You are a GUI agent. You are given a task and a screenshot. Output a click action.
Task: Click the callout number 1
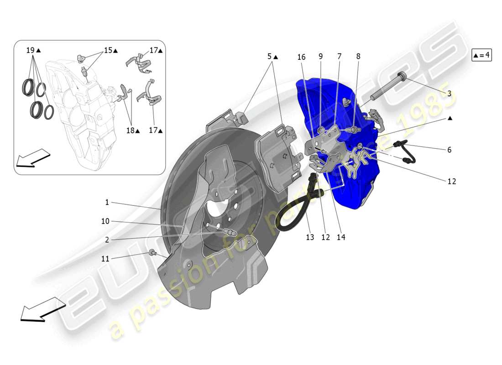click(x=107, y=202)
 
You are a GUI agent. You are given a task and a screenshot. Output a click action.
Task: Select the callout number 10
click(x=105, y=221)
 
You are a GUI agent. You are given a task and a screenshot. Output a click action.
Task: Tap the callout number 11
click(x=105, y=259)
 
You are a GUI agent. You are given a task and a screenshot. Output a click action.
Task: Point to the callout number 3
click(x=449, y=93)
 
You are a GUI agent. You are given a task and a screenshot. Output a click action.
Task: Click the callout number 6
click(x=449, y=150)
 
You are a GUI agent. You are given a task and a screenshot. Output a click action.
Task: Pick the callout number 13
click(x=310, y=237)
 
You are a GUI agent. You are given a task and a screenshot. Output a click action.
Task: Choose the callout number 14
click(x=341, y=237)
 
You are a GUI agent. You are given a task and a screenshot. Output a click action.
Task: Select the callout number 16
click(x=301, y=57)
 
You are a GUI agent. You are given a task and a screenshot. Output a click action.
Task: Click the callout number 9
click(x=320, y=57)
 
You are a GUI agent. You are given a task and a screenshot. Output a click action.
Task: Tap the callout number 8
click(x=358, y=57)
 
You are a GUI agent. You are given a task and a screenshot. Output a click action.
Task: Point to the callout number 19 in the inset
click(x=31, y=50)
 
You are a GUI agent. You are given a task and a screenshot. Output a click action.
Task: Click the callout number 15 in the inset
click(x=108, y=50)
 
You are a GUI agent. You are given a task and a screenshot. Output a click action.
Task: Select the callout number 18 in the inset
click(x=131, y=130)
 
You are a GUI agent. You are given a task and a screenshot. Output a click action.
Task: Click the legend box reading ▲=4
click(x=481, y=55)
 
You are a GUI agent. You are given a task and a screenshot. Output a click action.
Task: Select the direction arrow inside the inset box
click(x=32, y=158)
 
